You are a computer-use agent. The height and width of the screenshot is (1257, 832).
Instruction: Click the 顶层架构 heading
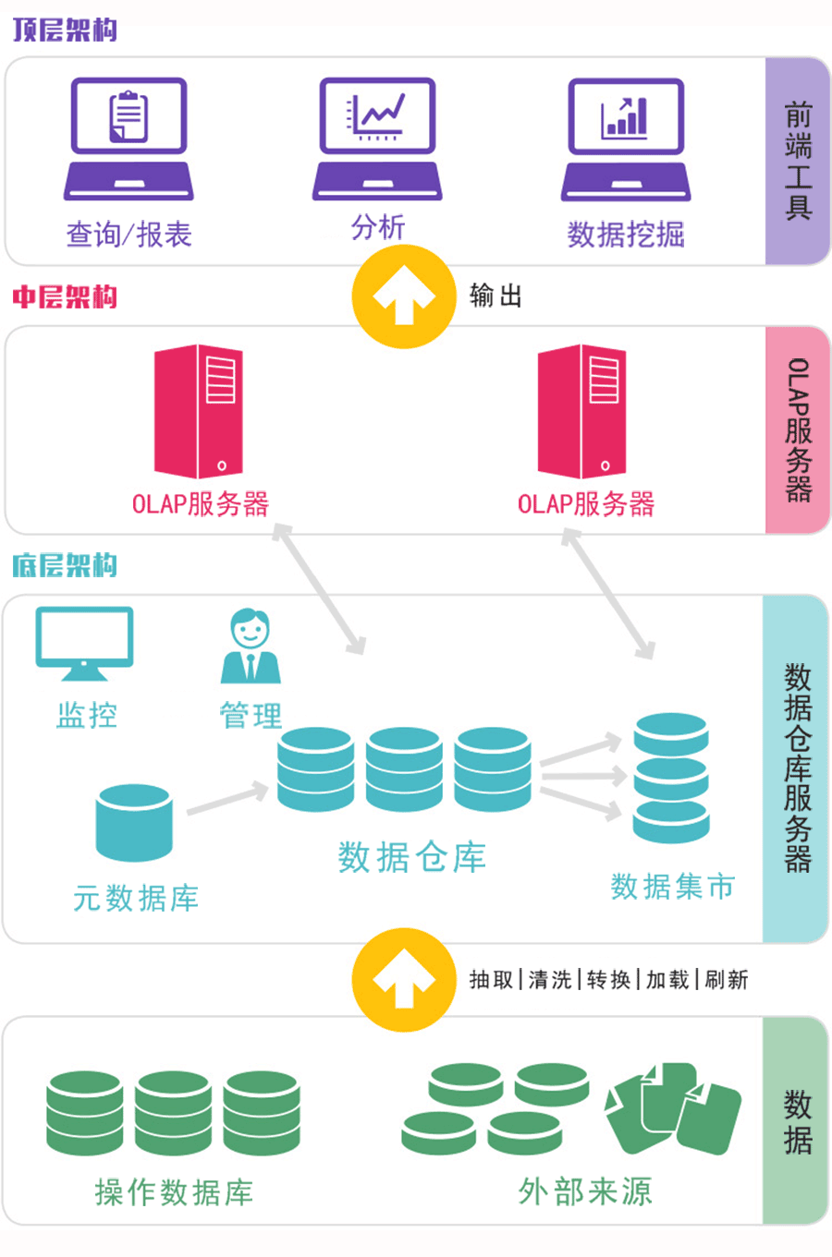pyautogui.click(x=65, y=30)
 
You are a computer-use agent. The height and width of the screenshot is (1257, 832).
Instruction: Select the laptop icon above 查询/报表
pyautogui.click(x=128, y=139)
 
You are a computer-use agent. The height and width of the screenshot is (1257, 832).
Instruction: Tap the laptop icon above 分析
pyautogui.click(x=377, y=139)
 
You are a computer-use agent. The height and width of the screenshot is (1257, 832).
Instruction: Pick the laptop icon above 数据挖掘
pyautogui.click(x=626, y=139)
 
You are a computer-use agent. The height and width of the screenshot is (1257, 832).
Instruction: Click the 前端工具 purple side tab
pyautogui.click(x=798, y=162)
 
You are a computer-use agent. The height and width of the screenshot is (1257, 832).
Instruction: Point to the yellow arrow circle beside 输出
pyautogui.click(x=404, y=296)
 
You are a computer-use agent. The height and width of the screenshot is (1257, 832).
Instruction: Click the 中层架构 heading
pyautogui.click(x=65, y=296)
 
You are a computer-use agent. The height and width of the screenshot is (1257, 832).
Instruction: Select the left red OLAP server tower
pyautogui.click(x=198, y=411)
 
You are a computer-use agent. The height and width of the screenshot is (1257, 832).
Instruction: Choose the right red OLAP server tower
pyautogui.click(x=582, y=411)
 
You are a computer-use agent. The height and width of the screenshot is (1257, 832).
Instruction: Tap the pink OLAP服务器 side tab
pyautogui.click(x=798, y=429)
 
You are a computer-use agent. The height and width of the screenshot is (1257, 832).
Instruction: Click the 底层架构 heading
pyautogui.click(x=65, y=564)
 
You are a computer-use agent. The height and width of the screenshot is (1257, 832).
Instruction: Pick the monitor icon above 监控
pyautogui.click(x=84, y=643)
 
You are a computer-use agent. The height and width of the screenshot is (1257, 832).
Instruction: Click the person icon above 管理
pyautogui.click(x=251, y=647)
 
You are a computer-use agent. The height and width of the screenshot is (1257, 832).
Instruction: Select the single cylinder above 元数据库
pyautogui.click(x=134, y=822)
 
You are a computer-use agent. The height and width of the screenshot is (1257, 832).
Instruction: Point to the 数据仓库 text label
pyautogui.click(x=411, y=857)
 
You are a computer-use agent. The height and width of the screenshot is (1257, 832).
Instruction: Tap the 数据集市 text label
pyautogui.click(x=672, y=887)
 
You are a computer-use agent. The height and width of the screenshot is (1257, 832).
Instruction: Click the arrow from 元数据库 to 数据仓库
pyautogui.click(x=227, y=800)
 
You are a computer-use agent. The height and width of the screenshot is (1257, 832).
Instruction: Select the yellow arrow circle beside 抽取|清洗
pyautogui.click(x=404, y=980)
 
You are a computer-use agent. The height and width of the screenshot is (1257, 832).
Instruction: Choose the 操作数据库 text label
pyautogui.click(x=174, y=1192)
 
